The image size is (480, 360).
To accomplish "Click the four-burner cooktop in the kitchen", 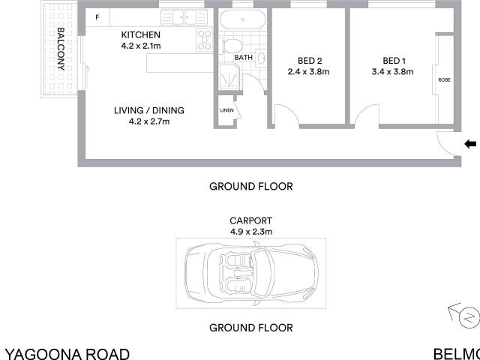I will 205,40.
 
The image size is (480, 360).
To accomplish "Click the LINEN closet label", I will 226,111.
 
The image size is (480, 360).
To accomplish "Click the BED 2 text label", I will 308,61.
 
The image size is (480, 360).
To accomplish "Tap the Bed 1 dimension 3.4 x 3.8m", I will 393,72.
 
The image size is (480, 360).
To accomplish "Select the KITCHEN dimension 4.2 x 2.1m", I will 141,46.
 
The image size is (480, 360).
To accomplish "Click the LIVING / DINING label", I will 149,110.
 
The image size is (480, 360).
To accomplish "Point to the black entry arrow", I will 470,144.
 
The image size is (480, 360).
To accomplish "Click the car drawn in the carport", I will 250,273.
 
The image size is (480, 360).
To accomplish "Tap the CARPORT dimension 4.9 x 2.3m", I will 250,232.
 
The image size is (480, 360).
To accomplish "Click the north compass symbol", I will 468,316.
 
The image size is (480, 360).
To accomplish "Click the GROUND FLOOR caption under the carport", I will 250,328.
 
